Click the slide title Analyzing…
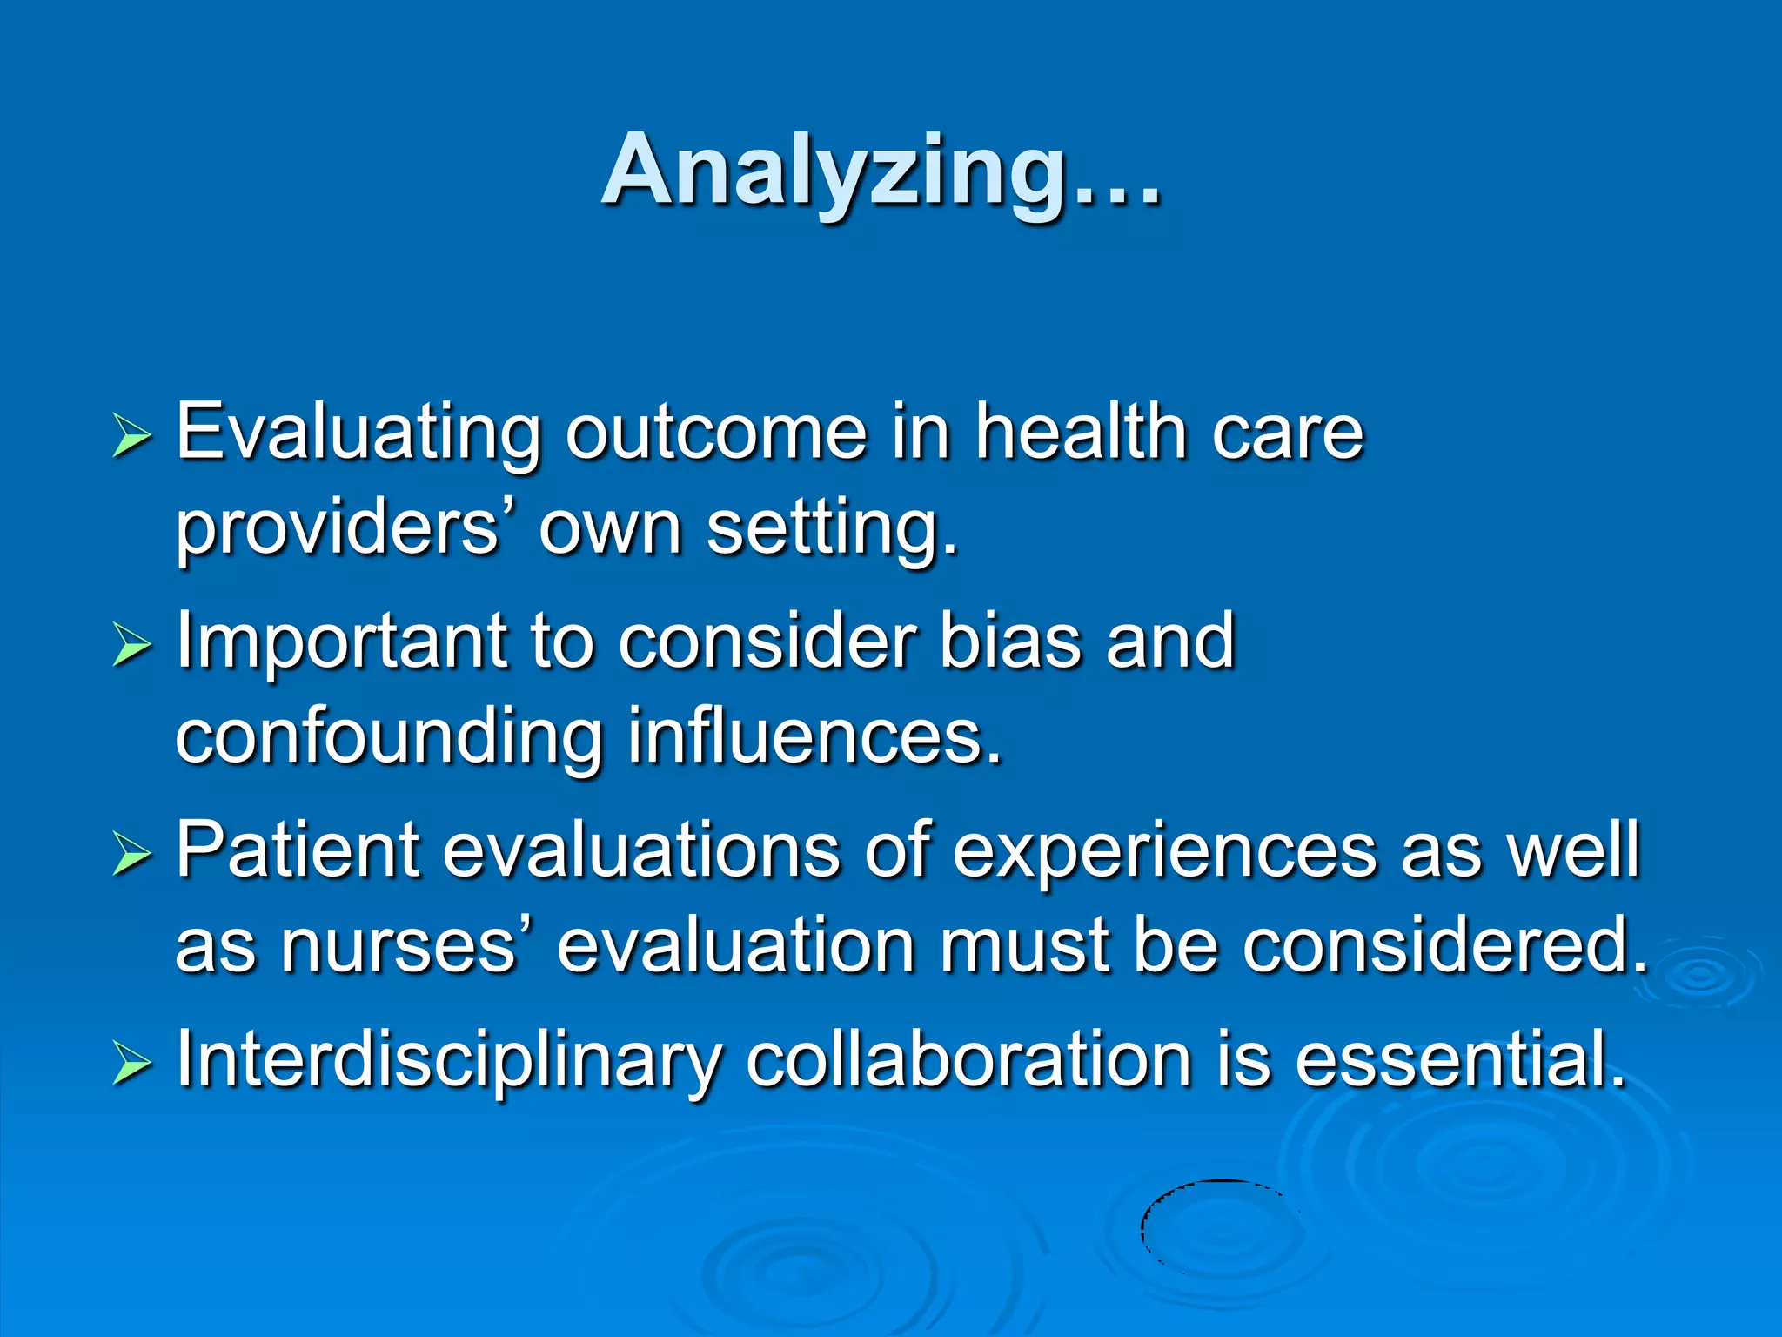pos(881,171)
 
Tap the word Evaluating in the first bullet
pos(358,433)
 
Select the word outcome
pos(716,433)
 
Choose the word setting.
pos(831,530)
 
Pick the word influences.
pos(814,736)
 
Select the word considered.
pos(1444,946)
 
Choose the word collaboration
pos(968,1059)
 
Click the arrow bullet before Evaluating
pos(131,436)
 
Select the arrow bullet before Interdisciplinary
pos(131,1065)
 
